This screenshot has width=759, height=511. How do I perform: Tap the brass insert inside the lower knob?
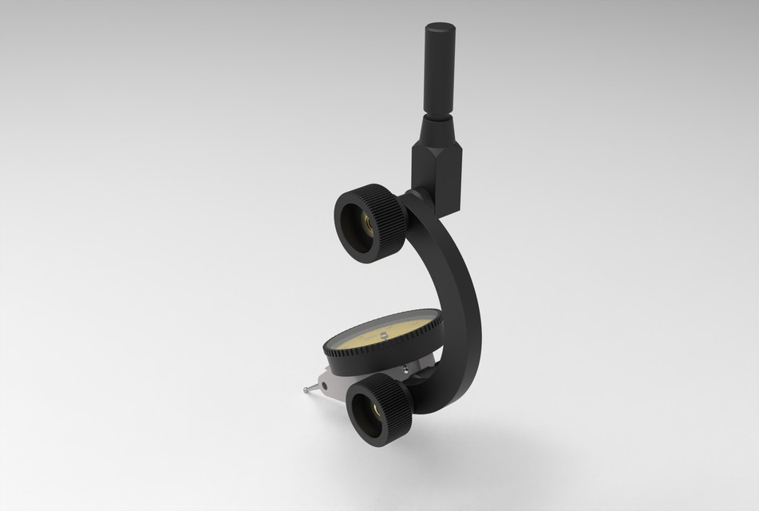coord(375,413)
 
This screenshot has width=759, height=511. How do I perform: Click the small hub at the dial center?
coord(383,335)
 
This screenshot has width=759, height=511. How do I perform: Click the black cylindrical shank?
coord(439,72)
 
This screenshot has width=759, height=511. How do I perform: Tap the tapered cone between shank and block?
coord(437,126)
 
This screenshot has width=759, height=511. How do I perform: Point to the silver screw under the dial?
coord(407,369)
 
